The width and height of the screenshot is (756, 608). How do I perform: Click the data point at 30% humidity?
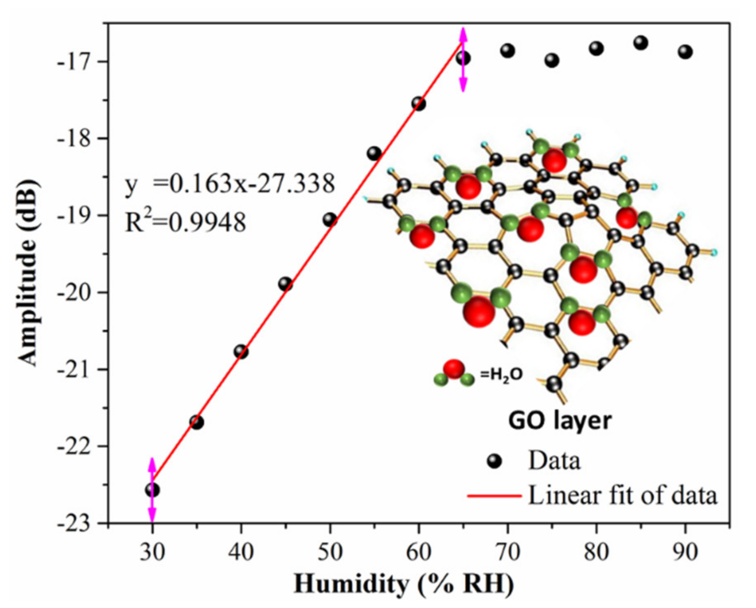click(x=152, y=490)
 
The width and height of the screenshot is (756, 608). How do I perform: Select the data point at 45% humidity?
click(x=286, y=284)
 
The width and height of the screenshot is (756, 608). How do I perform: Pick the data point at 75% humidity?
click(x=552, y=60)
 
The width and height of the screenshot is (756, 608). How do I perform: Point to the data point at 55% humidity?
click(x=374, y=154)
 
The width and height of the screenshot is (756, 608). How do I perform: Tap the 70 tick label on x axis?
click(x=507, y=552)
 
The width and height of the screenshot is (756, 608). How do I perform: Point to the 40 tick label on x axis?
click(x=241, y=552)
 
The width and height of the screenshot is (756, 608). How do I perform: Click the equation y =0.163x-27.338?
click(x=230, y=184)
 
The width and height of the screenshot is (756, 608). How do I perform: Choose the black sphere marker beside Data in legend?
click(x=494, y=461)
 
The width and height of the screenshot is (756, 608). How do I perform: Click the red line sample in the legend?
click(x=494, y=496)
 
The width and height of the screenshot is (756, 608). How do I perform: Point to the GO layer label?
click(x=560, y=421)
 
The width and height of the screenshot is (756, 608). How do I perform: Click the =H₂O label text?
click(x=501, y=375)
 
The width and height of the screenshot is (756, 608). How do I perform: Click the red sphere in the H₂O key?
click(x=454, y=368)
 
